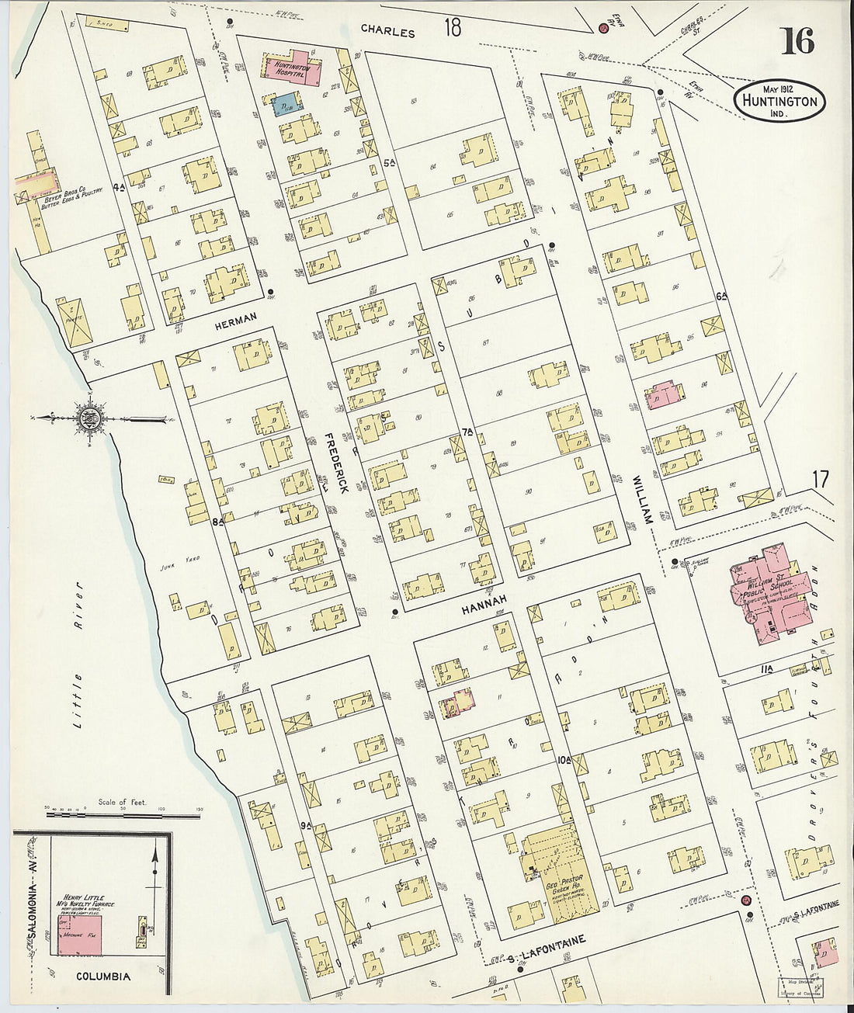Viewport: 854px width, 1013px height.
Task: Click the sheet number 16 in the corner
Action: pos(797,41)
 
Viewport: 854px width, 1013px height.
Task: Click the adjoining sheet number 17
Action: pos(820,480)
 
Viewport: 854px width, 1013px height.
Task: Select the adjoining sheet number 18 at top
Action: pos(452,29)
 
